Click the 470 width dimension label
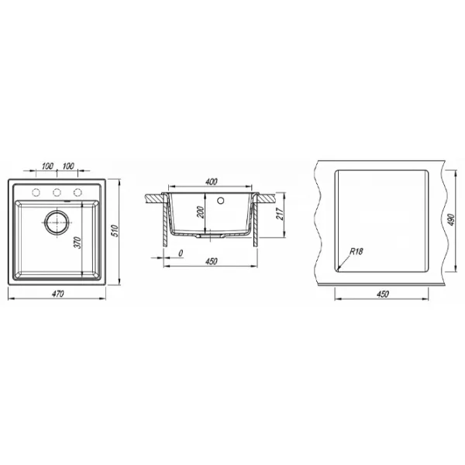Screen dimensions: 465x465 (58, 294)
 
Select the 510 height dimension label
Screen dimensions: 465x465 (115, 231)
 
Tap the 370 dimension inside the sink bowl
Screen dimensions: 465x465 (77, 243)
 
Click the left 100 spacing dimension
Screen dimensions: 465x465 (47, 166)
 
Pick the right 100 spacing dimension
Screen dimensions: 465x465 (68, 166)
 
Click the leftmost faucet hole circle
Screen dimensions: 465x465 (36, 192)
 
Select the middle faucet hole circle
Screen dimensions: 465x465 (57, 192)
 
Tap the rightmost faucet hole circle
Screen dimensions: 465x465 (77, 192)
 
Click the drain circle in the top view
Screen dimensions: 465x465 (57, 222)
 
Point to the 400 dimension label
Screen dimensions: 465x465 (211, 181)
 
